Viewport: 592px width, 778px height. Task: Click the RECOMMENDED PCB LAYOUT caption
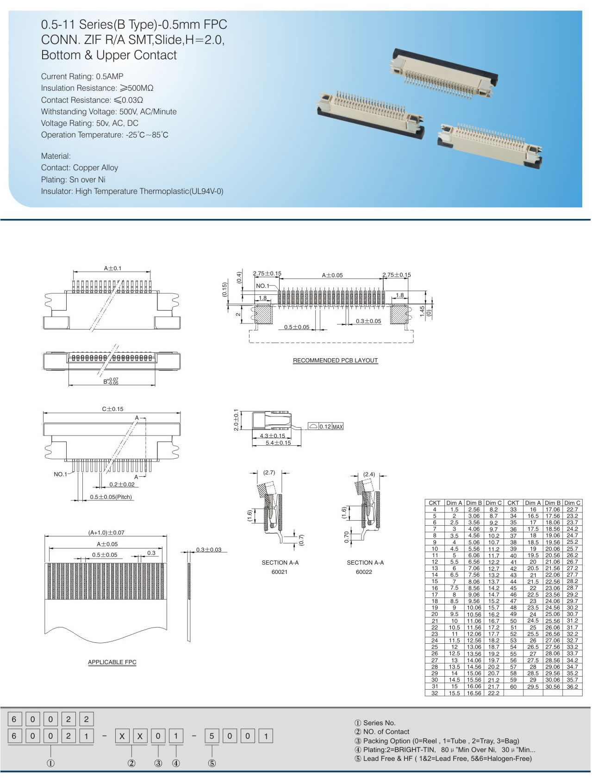[x=335, y=360]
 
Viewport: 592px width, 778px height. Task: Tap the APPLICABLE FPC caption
[x=112, y=662]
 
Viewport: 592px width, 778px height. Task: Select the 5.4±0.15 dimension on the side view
[x=278, y=443]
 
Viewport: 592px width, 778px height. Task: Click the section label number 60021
[x=280, y=572]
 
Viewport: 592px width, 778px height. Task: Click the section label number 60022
[x=364, y=572]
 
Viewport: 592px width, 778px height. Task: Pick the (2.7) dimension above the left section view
[x=269, y=473]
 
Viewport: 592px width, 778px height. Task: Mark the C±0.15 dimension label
[x=112, y=409]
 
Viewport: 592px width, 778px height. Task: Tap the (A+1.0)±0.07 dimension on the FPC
[x=106, y=533]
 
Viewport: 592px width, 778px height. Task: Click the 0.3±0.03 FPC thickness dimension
[x=209, y=549]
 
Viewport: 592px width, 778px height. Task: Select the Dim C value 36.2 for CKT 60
[x=572, y=687]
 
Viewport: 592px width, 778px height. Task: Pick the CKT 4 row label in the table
[x=435, y=510]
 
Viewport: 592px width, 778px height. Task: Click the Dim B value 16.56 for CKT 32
[x=474, y=693]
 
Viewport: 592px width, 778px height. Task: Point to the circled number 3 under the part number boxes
[x=158, y=763]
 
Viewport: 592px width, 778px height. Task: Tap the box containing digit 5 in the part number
[x=212, y=736]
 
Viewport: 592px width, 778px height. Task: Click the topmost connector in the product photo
[x=444, y=72]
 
